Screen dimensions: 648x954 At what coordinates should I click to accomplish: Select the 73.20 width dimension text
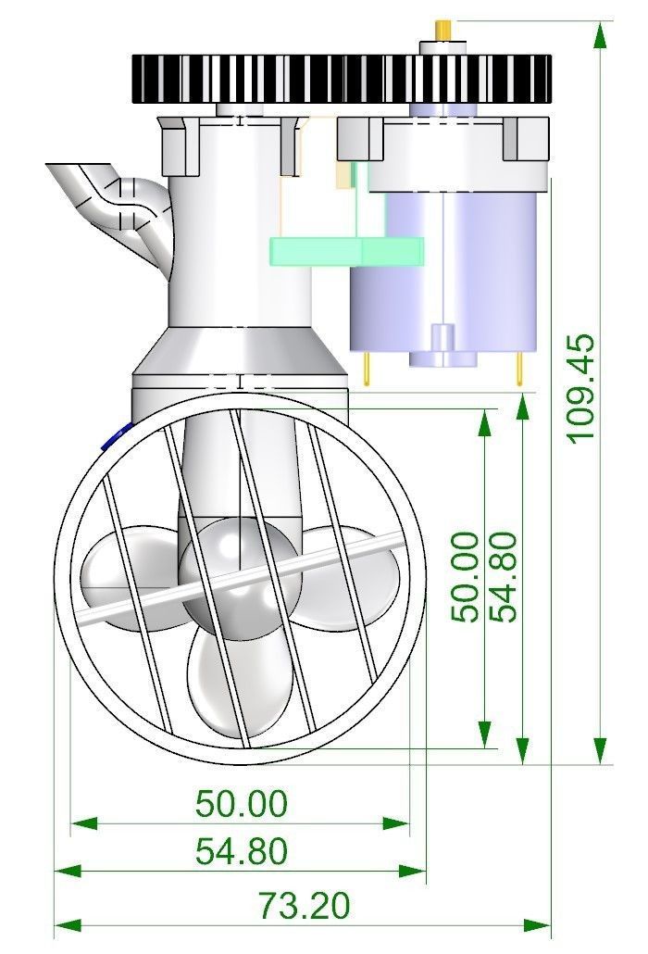305,905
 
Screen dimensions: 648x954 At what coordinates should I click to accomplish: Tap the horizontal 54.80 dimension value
242,850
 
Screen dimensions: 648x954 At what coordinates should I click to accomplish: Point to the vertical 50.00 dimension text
465,577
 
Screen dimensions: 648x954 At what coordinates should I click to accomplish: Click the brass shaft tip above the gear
443,30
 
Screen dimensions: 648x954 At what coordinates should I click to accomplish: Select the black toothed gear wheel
342,79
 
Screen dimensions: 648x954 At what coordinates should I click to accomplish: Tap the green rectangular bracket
347,251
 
